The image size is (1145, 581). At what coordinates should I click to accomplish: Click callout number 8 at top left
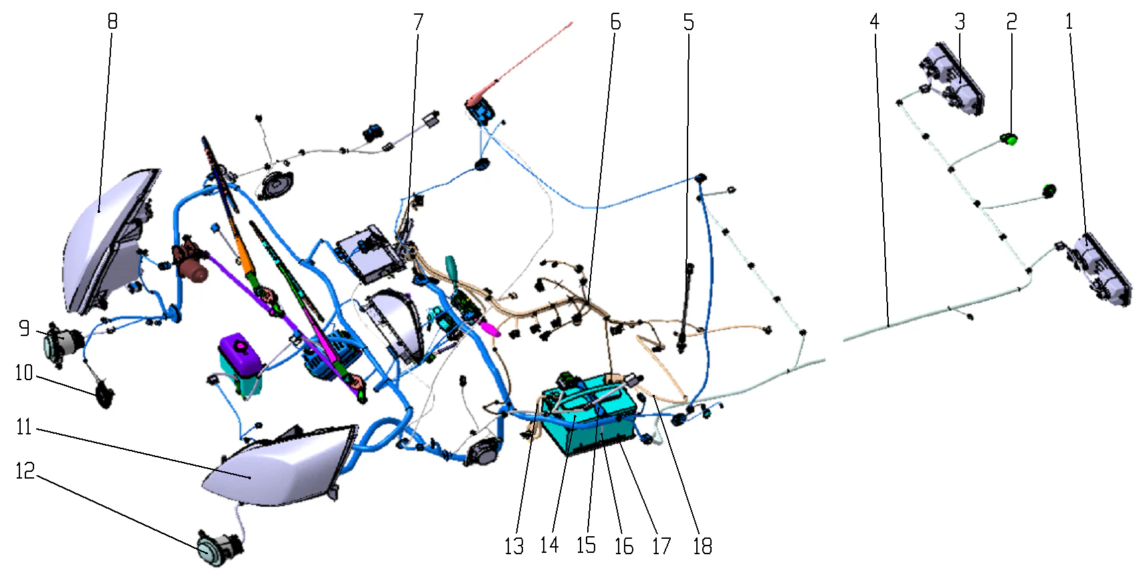coord(112,21)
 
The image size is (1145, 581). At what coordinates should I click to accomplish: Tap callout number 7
coord(419,22)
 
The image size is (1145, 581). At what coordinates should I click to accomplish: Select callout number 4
coord(874,22)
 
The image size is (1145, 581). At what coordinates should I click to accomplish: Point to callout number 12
coord(25,471)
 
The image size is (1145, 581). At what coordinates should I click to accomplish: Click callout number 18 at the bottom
coord(702,546)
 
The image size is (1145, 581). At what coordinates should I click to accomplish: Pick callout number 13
coord(514,546)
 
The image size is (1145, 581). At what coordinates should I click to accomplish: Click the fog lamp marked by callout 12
coord(215,549)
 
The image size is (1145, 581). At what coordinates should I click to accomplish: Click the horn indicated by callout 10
coord(105,394)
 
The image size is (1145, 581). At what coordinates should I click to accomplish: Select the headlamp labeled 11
coord(281,469)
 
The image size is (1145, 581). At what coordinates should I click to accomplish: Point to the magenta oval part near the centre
coord(490,329)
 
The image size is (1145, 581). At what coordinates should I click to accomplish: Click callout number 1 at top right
coord(1069,22)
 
